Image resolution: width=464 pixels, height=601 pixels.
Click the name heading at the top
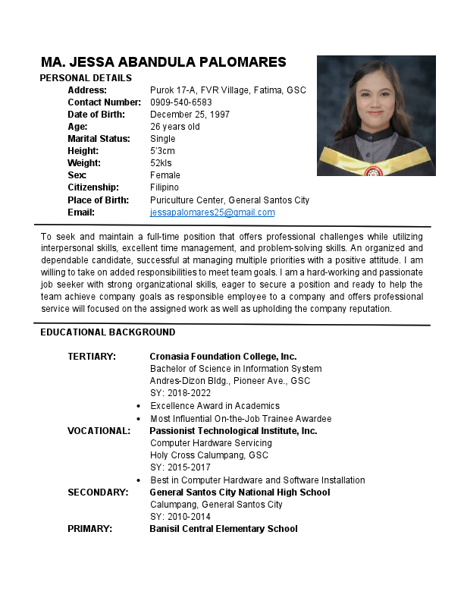coord(164,62)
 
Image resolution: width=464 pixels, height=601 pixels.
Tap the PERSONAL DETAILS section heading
coord(86,78)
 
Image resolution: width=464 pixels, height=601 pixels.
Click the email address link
coord(212,212)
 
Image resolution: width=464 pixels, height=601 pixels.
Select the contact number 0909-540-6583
coord(181,102)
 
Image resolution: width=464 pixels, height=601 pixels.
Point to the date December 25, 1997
coord(190,115)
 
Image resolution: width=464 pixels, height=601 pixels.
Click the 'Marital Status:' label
coord(99,139)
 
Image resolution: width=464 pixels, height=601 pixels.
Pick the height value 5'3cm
coord(163,151)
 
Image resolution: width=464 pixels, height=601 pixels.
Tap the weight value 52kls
coord(161,163)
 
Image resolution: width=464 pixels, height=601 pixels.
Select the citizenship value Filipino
coord(165,187)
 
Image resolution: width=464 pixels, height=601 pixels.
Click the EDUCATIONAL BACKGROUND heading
coord(108,332)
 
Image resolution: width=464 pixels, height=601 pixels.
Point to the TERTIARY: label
coord(92,357)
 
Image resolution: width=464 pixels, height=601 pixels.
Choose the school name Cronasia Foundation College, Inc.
coord(223,357)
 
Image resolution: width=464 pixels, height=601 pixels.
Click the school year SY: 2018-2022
coord(180,393)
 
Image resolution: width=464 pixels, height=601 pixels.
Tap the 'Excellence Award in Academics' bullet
coord(215,406)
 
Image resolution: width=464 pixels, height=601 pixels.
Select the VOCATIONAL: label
coord(99,431)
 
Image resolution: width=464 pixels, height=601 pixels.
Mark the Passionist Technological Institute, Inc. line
coord(233,431)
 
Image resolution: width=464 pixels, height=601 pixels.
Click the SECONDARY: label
coord(98,492)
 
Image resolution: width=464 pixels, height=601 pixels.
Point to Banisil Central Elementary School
coord(223,529)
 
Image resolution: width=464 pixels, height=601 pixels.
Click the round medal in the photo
coord(373,171)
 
